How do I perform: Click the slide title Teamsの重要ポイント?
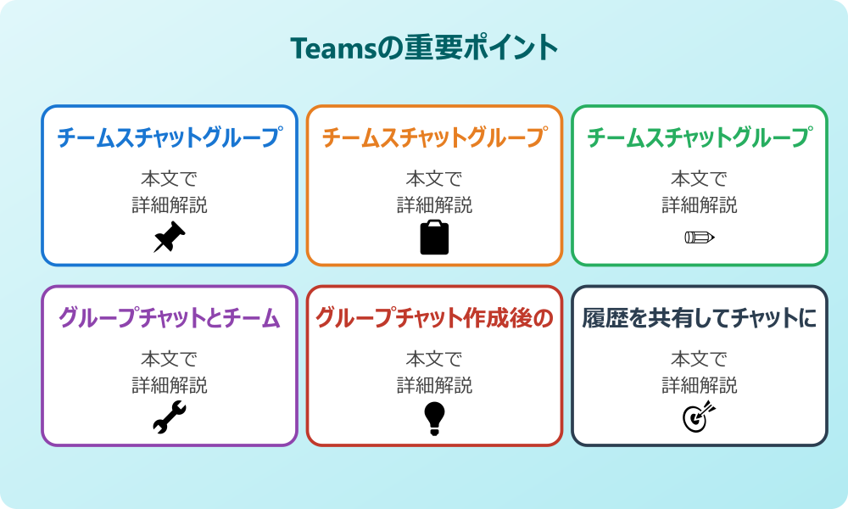pos(424,48)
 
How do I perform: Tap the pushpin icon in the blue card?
pos(170,237)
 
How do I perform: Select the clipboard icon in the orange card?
pos(434,237)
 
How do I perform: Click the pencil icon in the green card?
pos(700,237)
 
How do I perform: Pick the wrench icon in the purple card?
pos(170,417)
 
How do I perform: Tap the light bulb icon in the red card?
pos(434,418)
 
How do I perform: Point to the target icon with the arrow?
pos(700,417)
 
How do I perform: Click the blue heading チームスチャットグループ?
pos(170,137)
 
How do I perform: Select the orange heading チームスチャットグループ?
pos(435,137)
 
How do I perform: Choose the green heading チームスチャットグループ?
pos(700,137)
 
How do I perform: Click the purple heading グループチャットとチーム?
pos(170,318)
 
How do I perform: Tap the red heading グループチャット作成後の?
pos(434,318)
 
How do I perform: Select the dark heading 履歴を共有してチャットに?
pos(700,318)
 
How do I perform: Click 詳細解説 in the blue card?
pos(170,205)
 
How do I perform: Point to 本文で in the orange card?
pos(434,178)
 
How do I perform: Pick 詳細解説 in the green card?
pos(700,205)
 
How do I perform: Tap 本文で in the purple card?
pos(170,359)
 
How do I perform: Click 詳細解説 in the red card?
pos(434,386)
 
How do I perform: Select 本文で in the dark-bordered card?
pos(700,359)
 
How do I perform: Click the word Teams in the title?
pos(332,48)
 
